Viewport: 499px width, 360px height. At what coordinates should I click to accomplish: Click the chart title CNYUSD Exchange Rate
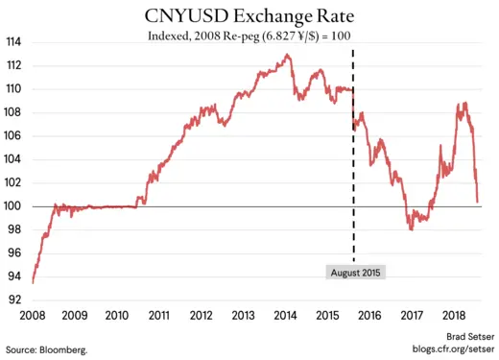[x=249, y=16]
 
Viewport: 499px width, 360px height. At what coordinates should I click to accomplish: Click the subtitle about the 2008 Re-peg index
[x=249, y=37]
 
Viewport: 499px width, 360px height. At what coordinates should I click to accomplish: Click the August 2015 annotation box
[x=354, y=272]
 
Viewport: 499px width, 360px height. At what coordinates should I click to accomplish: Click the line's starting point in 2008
[x=33, y=282]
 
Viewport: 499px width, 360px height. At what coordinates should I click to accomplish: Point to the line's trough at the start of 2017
[x=411, y=228]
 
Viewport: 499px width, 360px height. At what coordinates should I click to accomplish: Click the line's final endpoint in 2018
[x=478, y=203]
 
